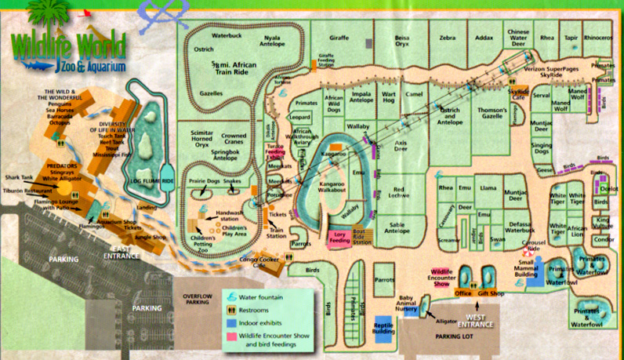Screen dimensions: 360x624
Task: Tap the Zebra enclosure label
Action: tap(447, 37)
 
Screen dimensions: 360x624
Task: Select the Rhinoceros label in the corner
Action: tap(597, 37)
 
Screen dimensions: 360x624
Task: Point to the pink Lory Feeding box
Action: tap(339, 236)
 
